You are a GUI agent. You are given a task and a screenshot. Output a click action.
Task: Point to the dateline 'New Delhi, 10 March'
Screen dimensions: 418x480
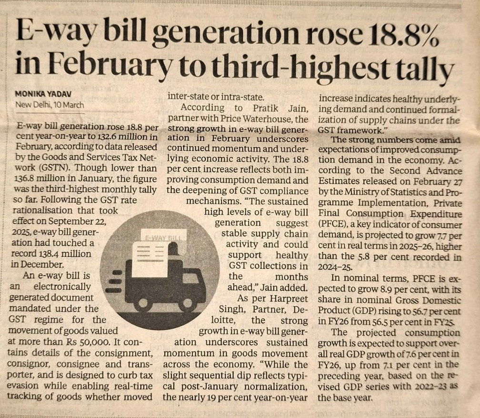50,104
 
